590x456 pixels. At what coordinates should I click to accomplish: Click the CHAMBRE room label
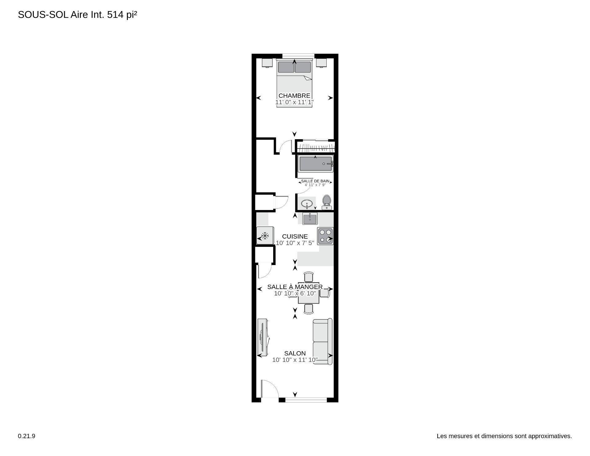[x=294, y=96]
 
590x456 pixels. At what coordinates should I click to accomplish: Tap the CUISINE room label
[x=295, y=236]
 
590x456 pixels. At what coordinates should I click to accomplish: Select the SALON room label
[x=295, y=353]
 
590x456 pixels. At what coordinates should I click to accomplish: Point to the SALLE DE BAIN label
[x=315, y=181]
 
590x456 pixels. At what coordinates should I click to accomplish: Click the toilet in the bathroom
[x=326, y=202]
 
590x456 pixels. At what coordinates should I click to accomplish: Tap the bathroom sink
[x=307, y=204]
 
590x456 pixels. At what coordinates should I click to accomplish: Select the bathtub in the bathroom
[x=316, y=164]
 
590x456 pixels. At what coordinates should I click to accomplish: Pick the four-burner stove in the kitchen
[x=325, y=236]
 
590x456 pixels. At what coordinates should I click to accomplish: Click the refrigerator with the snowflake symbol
[x=265, y=236]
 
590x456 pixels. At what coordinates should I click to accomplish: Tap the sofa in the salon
[x=323, y=341]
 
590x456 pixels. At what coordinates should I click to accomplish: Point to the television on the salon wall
[x=263, y=337]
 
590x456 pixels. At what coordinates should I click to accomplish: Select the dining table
[x=309, y=293]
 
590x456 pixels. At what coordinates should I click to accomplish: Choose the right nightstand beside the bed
[x=321, y=63]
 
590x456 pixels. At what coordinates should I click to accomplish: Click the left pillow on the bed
[x=285, y=67]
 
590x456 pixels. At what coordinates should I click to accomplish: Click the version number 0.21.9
[x=26, y=436]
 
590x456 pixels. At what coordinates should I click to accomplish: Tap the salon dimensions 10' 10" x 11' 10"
[x=295, y=360]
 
